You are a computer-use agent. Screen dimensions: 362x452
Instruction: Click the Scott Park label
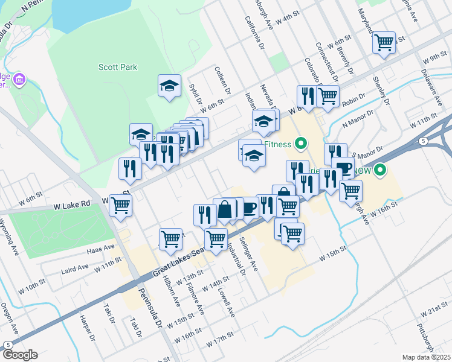click(x=119, y=68)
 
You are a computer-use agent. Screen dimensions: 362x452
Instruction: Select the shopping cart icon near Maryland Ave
click(x=384, y=43)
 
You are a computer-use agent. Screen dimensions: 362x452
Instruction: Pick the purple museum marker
click(x=19, y=80)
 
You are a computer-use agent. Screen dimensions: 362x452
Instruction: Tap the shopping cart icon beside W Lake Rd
click(x=121, y=205)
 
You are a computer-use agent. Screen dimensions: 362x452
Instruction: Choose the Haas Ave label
click(x=102, y=247)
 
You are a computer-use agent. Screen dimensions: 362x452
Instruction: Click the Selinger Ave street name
click(x=250, y=253)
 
